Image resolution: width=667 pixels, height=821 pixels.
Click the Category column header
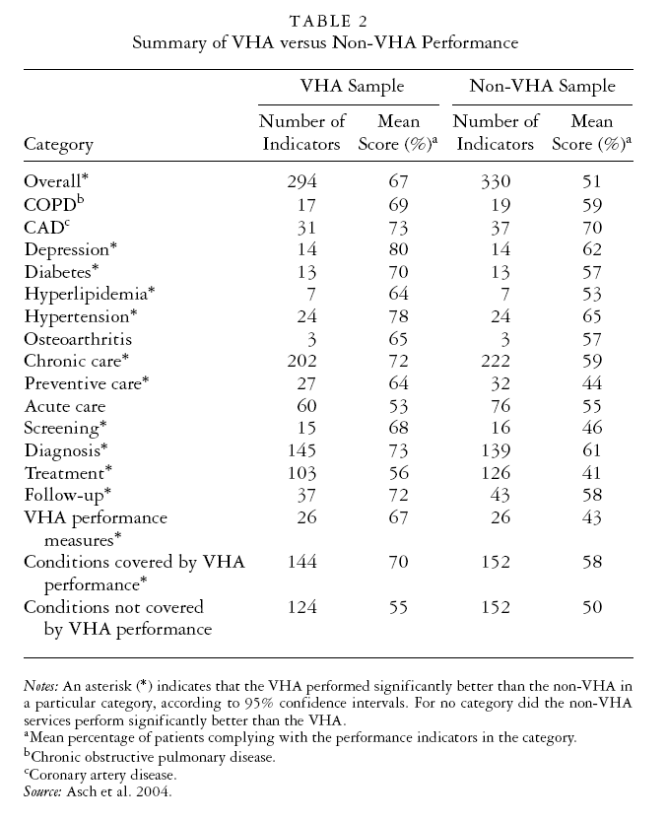(58, 144)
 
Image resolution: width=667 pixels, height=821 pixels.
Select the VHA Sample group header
(351, 87)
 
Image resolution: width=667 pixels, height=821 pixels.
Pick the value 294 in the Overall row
(301, 181)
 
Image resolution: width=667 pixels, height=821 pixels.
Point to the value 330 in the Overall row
(496, 181)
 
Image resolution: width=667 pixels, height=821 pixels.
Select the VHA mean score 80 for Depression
(399, 248)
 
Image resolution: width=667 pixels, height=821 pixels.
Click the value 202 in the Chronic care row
(301, 362)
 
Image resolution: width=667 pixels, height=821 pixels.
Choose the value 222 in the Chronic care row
(496, 362)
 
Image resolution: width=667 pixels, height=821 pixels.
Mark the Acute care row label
(64, 406)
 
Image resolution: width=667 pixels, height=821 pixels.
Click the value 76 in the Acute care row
(496, 406)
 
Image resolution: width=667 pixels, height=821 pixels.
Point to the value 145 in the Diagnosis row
(301, 451)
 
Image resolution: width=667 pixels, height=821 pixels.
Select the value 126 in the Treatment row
(496, 474)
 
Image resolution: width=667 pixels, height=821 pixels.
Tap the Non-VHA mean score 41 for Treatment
(591, 474)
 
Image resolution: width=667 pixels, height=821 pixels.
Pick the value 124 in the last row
(301, 608)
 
